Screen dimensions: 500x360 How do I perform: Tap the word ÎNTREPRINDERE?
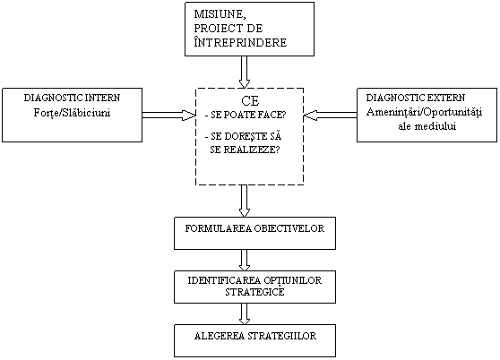[x=240, y=42]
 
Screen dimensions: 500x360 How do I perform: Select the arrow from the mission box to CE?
[x=245, y=72]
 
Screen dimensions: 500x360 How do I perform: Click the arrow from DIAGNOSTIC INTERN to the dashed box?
[x=168, y=115]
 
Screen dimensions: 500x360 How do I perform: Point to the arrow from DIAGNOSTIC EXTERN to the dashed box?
[x=331, y=115]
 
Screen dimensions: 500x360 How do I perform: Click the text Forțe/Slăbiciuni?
[x=72, y=113]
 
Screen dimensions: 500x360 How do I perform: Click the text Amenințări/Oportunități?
[x=424, y=113]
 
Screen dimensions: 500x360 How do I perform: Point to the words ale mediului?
[x=427, y=126]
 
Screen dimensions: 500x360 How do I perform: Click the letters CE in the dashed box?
[x=250, y=101]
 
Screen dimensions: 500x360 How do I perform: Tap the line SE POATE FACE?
[x=246, y=115]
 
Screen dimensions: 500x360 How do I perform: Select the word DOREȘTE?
[x=246, y=137]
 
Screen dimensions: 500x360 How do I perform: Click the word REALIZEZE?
[x=254, y=150]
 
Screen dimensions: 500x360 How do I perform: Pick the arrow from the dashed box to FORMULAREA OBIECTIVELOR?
[x=245, y=201]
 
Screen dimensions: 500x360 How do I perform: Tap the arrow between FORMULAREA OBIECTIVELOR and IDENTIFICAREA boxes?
[x=245, y=260]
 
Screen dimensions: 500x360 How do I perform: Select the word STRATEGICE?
[x=254, y=292]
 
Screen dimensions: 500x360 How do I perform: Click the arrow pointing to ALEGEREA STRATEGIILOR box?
[x=245, y=313]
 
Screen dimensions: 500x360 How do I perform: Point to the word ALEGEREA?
[x=220, y=336]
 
